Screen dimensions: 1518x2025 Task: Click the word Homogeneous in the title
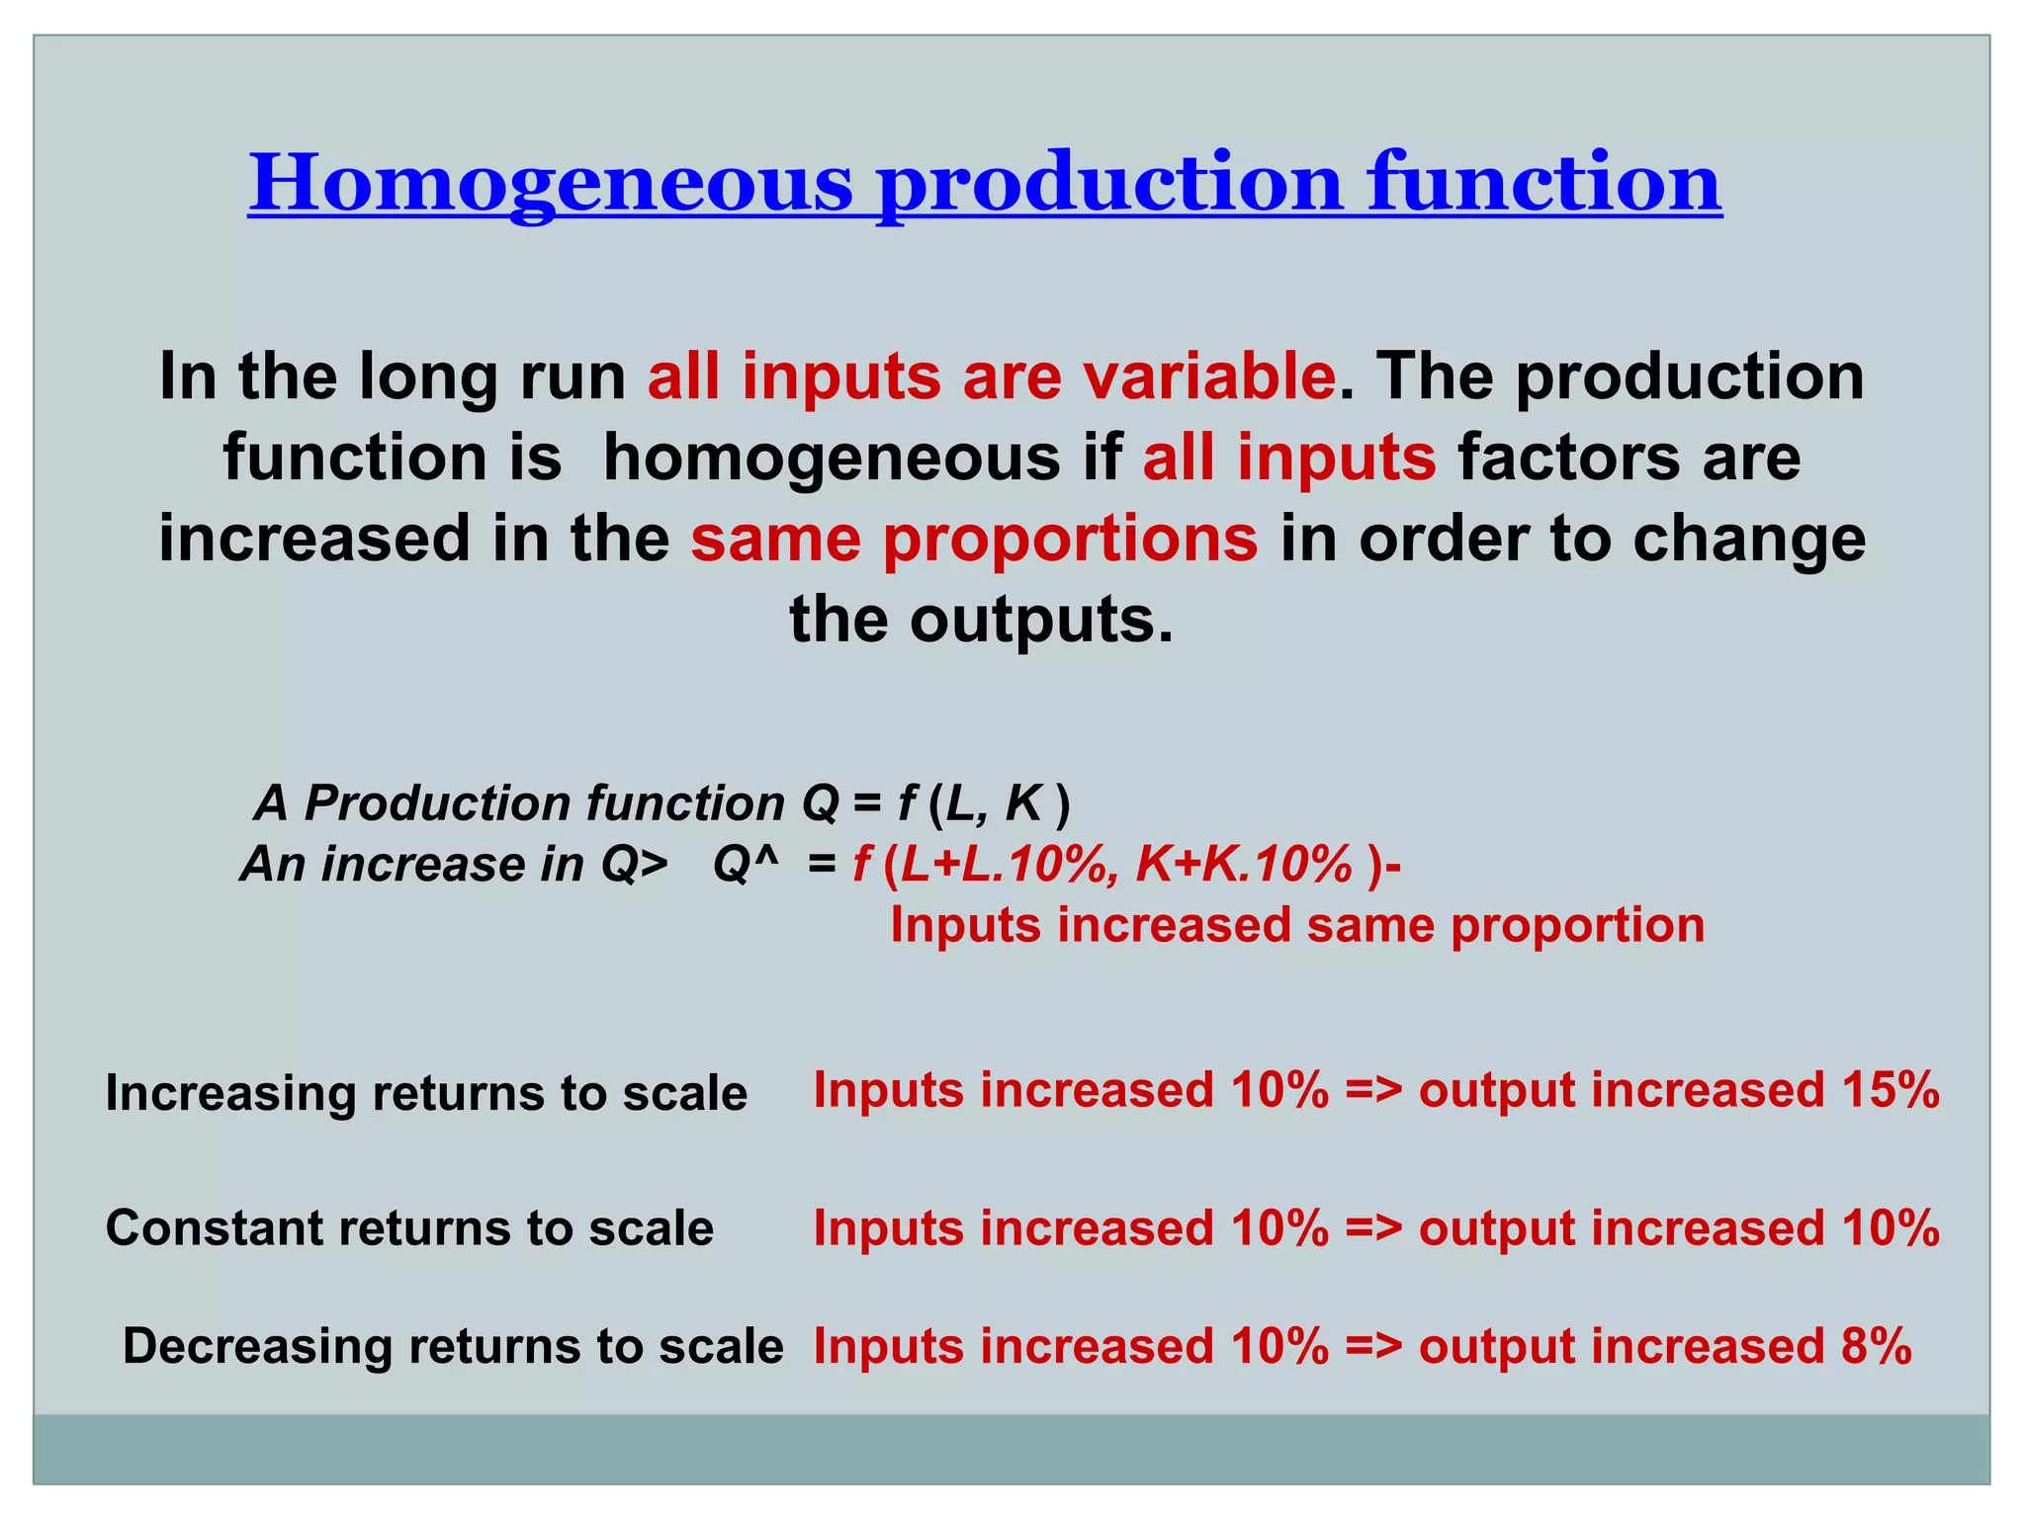coord(550,184)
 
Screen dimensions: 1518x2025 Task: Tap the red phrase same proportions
coord(974,539)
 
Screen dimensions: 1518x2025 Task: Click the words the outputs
coord(981,620)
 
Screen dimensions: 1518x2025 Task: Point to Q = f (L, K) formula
coord(935,802)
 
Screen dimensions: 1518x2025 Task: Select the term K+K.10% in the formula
coord(1244,865)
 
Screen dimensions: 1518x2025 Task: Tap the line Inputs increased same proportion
coord(1297,926)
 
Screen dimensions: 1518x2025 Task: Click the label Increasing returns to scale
coord(426,1093)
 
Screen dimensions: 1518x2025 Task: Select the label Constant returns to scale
coord(409,1228)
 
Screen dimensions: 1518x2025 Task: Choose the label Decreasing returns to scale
coord(453,1346)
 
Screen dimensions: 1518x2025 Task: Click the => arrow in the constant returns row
coord(1373,1228)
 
